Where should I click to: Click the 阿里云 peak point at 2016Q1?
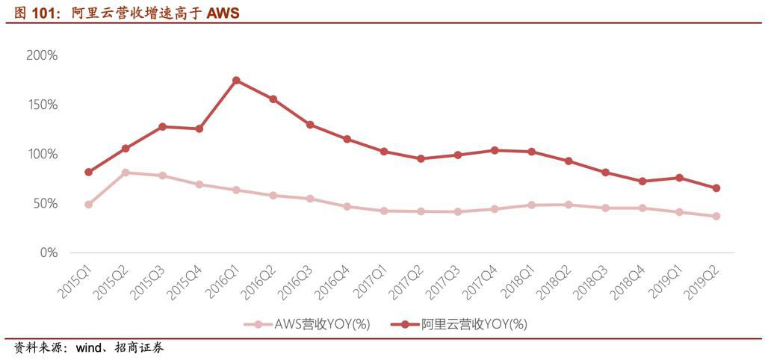[x=236, y=80]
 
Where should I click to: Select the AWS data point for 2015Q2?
[x=126, y=173]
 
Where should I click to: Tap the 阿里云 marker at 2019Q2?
[x=716, y=188]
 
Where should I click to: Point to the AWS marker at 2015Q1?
[x=89, y=204]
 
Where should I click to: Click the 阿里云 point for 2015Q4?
[x=199, y=129]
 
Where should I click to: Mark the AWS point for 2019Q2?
[x=716, y=217]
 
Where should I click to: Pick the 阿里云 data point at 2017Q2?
[x=421, y=158]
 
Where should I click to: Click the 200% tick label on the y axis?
[x=42, y=55]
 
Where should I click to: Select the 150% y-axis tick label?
[x=42, y=105]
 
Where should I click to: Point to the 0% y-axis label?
[x=49, y=252]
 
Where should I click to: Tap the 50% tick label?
[x=45, y=203]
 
